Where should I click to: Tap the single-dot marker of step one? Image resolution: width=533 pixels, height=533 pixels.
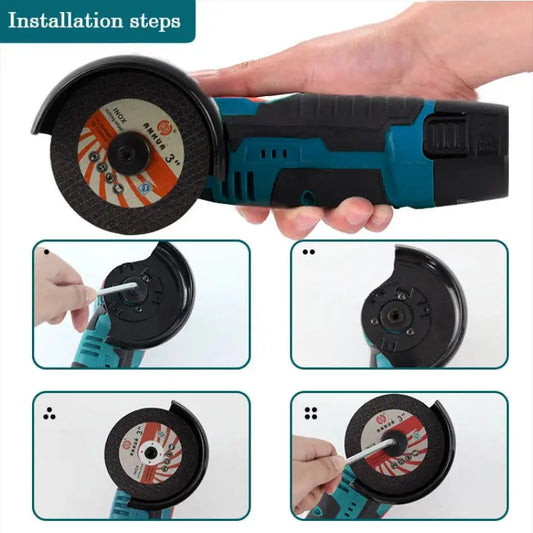click(45, 250)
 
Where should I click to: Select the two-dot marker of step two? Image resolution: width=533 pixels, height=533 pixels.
click(308, 252)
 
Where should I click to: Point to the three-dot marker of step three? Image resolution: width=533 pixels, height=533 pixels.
click(48, 412)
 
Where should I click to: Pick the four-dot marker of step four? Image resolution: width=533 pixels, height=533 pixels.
click(310, 411)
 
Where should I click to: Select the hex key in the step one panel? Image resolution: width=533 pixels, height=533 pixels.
click(112, 291)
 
